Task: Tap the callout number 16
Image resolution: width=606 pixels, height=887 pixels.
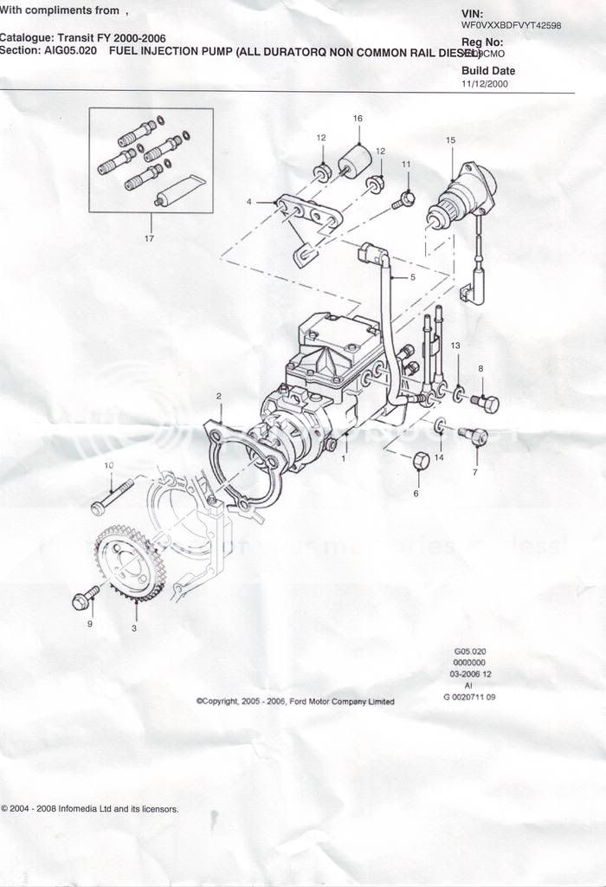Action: (358, 118)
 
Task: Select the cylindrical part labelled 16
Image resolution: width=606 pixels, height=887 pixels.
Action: (355, 160)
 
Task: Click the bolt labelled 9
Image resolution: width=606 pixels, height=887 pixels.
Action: (86, 598)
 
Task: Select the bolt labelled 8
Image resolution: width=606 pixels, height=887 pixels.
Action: (487, 403)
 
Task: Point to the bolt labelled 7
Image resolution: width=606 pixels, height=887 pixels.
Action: (474, 437)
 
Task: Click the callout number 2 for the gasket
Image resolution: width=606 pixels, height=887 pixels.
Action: (219, 396)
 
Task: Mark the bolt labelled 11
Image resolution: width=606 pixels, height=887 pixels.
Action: (404, 199)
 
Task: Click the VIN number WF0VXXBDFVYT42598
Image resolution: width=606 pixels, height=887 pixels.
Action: (511, 26)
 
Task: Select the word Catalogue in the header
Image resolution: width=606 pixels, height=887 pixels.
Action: (25, 38)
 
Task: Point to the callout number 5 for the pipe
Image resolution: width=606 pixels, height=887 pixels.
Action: (413, 277)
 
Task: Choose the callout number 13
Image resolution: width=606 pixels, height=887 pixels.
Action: (455, 346)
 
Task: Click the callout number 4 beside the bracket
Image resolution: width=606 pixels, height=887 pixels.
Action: (249, 202)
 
